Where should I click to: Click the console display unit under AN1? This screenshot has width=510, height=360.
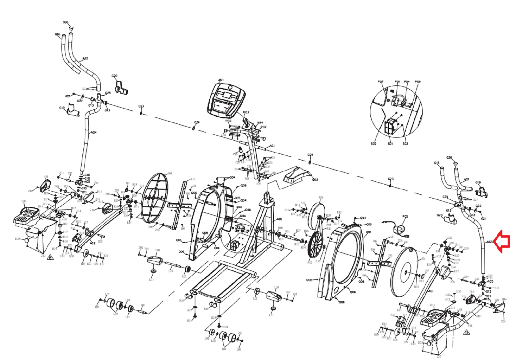227,100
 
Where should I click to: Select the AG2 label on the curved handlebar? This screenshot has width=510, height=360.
85,59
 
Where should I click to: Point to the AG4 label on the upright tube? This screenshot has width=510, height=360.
94,133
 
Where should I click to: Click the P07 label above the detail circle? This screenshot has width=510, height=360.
380,82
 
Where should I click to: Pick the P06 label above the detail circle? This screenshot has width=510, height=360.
418,82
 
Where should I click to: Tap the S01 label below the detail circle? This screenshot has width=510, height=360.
390,144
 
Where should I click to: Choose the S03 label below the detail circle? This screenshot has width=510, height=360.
405,144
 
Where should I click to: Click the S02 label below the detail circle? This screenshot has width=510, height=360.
373,144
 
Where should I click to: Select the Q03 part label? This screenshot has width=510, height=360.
315,180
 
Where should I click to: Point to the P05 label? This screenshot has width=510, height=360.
405,216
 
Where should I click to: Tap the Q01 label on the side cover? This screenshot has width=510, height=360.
368,232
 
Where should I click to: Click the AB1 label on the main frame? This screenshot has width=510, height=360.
279,220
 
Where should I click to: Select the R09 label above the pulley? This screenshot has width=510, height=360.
321,198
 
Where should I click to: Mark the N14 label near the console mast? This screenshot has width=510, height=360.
260,123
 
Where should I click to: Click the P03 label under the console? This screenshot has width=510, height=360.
246,112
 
